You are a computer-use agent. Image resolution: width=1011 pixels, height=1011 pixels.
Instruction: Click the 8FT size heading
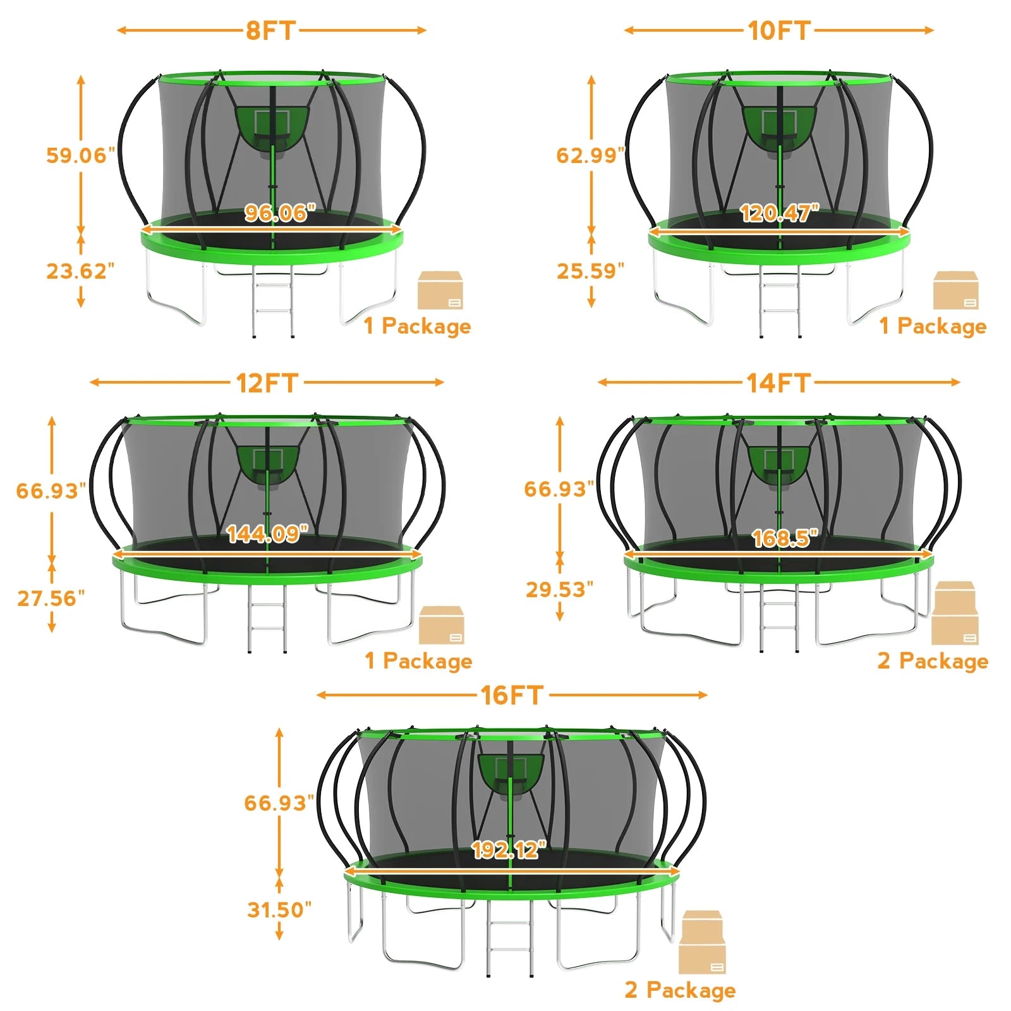271,30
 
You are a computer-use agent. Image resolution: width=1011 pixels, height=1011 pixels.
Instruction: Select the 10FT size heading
778,30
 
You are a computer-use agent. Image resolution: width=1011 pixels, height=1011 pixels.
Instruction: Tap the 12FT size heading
267,383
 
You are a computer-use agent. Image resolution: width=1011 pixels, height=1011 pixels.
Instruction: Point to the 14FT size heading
778,383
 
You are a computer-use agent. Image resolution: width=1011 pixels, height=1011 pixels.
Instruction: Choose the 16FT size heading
512,695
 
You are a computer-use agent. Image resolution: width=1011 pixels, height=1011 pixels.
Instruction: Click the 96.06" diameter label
280,213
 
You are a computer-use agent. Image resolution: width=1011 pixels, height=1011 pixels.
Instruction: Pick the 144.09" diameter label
267,535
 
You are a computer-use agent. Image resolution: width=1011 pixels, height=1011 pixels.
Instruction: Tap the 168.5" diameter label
785,538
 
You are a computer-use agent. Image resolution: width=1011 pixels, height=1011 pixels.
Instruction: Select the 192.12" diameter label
509,850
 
